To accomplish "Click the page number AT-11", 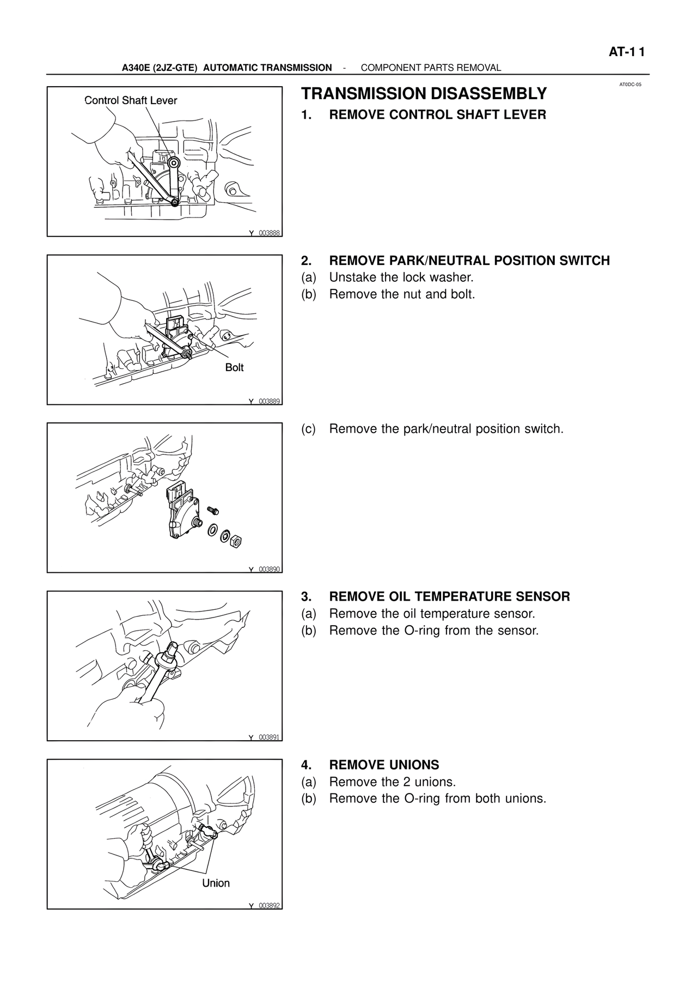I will (626, 52).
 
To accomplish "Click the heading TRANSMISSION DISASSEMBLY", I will (424, 94).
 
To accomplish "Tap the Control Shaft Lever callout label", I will (131, 100).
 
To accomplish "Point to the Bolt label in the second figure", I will (234, 367).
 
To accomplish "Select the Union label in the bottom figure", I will (216, 883).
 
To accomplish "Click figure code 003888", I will (269, 233).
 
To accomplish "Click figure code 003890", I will (269, 569).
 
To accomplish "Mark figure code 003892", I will (269, 905).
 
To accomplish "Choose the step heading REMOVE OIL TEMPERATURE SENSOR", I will (449, 597).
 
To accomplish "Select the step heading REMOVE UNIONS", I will (384, 765).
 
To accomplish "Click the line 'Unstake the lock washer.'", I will (401, 277).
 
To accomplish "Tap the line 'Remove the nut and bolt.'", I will (402, 294).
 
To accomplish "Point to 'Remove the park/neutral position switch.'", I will (446, 429).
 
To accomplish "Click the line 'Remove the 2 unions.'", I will (392, 782).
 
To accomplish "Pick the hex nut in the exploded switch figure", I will (236, 541).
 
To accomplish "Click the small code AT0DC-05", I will (631, 84).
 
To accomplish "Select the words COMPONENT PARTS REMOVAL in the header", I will (431, 68).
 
